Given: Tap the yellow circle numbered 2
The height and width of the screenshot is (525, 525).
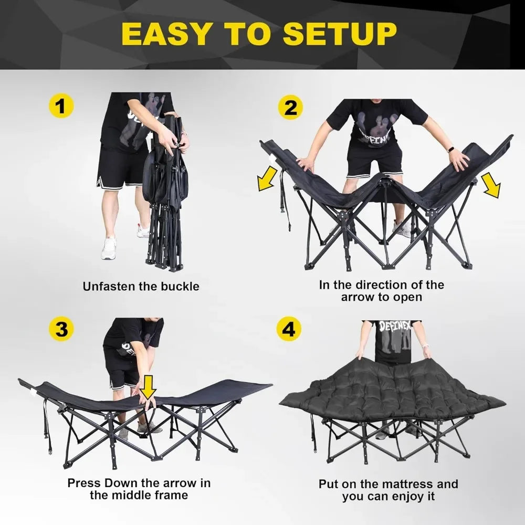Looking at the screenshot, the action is point(290,107).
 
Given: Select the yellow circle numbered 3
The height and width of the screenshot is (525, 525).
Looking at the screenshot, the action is point(61,329).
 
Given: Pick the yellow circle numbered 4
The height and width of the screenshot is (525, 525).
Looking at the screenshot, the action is point(289,329).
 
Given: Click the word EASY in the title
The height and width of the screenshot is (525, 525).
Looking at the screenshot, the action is point(166,34).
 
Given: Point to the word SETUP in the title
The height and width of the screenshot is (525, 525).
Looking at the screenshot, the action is point(340,34).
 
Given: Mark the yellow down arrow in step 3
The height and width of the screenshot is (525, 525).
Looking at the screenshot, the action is point(148,387).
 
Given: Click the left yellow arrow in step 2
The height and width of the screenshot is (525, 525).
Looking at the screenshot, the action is point(268,179).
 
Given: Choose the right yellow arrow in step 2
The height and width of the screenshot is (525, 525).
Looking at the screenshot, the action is point(491,185).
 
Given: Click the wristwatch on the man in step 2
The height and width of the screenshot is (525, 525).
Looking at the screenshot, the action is point(451,149).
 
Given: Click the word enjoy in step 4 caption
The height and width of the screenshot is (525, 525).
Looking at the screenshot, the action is point(406,497).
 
